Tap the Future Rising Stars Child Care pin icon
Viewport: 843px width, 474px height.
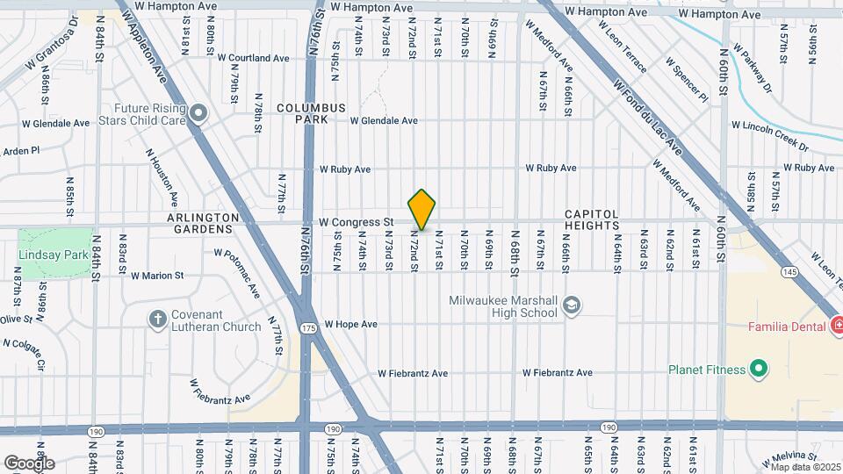[198, 112]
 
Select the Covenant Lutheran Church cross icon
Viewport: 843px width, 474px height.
[158, 319]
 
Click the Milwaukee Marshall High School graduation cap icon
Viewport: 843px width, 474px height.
[572, 305]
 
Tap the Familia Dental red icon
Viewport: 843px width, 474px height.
[837, 327]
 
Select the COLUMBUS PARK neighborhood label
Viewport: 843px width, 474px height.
[301, 113]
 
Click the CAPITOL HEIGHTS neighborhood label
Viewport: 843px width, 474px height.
[591, 219]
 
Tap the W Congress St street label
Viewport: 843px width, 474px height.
[355, 222]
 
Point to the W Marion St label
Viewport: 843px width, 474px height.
[157, 275]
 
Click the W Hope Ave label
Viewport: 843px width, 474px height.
[350, 324]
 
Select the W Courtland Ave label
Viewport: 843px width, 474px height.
[259, 58]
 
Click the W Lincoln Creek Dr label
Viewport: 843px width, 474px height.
[774, 133]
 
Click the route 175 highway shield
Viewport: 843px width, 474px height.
[307, 328]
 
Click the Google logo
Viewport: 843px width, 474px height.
[29, 463]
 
